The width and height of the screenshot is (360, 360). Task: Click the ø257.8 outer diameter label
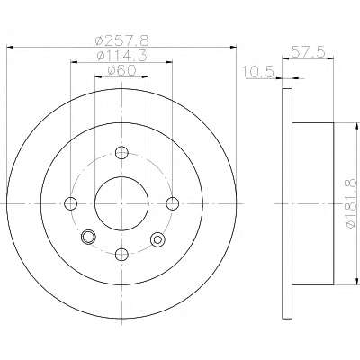(x=121, y=40)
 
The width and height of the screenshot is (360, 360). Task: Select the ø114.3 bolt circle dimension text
(x=121, y=56)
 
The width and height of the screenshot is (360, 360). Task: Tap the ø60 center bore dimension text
(x=121, y=70)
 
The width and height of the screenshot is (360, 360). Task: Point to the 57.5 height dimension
(x=308, y=52)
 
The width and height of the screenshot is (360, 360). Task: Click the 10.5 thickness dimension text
(x=258, y=72)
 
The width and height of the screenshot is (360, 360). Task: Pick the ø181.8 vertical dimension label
(x=352, y=203)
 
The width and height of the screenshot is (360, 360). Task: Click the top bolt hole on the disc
(x=121, y=153)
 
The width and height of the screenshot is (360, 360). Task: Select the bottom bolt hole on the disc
(x=121, y=255)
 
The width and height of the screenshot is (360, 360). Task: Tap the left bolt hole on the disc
(x=71, y=203)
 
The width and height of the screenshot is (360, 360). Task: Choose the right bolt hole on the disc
(x=173, y=203)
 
